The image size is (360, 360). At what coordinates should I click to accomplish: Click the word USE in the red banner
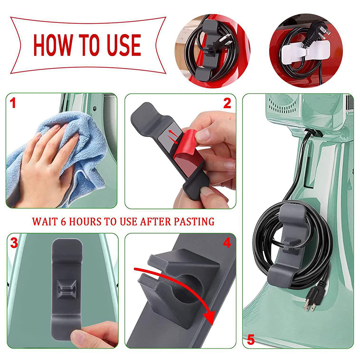pyautogui.click(x=124, y=45)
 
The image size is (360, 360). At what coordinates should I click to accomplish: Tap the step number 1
pyautogui.click(x=13, y=103)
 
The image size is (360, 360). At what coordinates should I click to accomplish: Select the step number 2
pyautogui.click(x=227, y=103)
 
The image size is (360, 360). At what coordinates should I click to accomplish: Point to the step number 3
pyautogui.click(x=14, y=243)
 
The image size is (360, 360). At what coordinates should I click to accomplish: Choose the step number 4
pyautogui.click(x=227, y=243)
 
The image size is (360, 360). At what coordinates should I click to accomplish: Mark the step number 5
pyautogui.click(x=251, y=340)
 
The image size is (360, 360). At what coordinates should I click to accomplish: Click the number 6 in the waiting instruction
pyautogui.click(x=63, y=222)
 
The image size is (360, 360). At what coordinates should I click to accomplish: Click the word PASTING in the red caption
pyautogui.click(x=194, y=222)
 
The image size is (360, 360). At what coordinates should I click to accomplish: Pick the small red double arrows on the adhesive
pyautogui.click(x=173, y=137)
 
